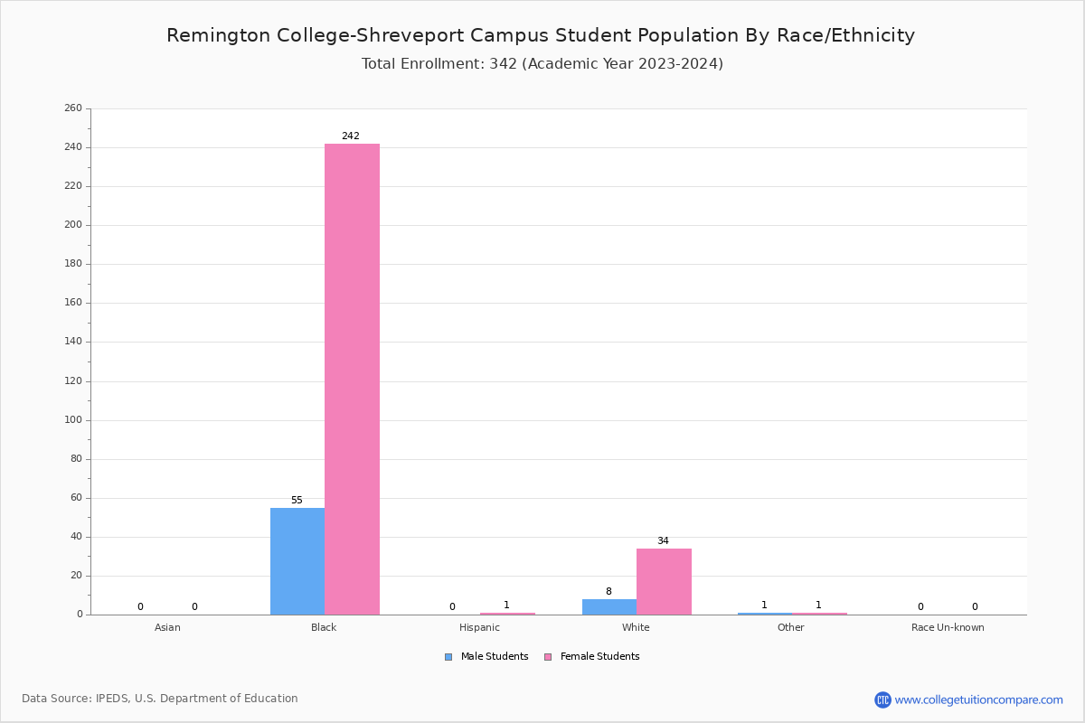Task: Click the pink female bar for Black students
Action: tap(352, 380)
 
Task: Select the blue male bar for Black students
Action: tap(297, 561)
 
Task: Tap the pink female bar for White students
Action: tap(664, 581)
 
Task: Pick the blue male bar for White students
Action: tap(609, 606)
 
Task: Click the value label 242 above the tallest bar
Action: tap(350, 136)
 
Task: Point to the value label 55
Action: tap(297, 501)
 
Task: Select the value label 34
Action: tap(663, 541)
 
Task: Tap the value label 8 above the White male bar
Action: tap(609, 592)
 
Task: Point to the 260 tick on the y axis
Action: tap(73, 108)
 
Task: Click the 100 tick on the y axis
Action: tap(73, 420)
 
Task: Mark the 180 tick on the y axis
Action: tap(73, 264)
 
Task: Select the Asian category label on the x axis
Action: tap(167, 627)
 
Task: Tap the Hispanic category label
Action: tap(479, 627)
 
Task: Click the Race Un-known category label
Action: tap(948, 627)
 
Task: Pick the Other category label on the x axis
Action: tap(790, 627)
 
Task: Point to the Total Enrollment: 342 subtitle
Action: tap(542, 64)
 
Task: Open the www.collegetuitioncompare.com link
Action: tap(978, 700)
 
